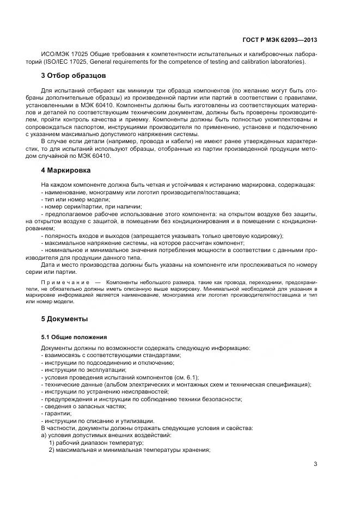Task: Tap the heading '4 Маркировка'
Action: (x=66, y=170)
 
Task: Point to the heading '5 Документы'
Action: (x=64, y=318)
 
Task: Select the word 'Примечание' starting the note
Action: (x=65, y=284)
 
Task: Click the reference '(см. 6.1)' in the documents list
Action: (x=187, y=377)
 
